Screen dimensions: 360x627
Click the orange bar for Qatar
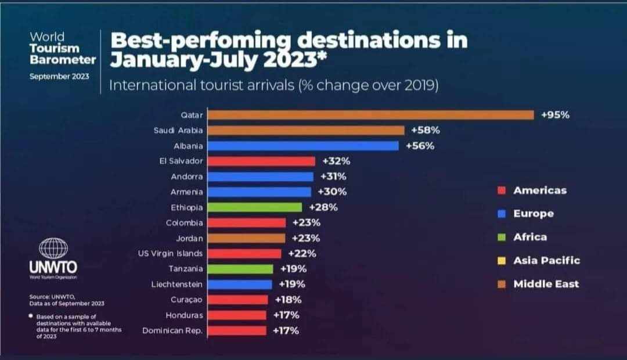pyautogui.click(x=370, y=115)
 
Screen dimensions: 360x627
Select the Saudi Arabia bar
pyautogui.click(x=306, y=131)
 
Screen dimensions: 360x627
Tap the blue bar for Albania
pyautogui.click(x=303, y=146)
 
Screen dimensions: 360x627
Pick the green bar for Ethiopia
pyautogui.click(x=255, y=207)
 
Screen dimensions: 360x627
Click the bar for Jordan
pyautogui.click(x=246, y=238)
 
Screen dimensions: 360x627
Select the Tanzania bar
pyautogui.click(x=240, y=269)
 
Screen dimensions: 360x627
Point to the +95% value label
pyautogui.click(x=555, y=115)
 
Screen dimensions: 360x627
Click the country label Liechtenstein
pyautogui.click(x=176, y=285)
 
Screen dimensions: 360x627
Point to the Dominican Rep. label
pyautogui.click(x=172, y=331)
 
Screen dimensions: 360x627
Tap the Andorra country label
pyautogui.click(x=187, y=177)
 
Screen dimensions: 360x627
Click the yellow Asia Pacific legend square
pyautogui.click(x=502, y=261)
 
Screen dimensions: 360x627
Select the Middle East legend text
pyautogui.click(x=546, y=284)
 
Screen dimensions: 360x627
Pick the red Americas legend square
pyautogui.click(x=502, y=190)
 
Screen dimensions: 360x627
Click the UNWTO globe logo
pyautogui.click(x=53, y=249)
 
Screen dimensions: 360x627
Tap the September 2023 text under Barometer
pyautogui.click(x=59, y=75)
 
